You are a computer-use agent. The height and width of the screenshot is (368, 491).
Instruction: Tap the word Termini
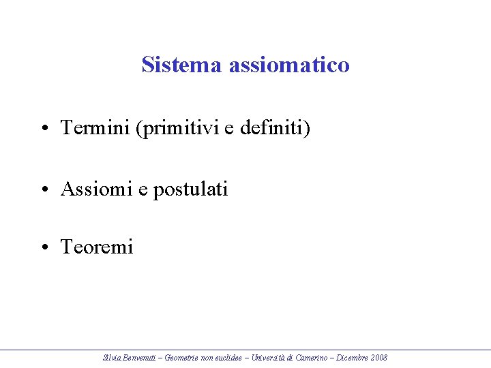[95, 127]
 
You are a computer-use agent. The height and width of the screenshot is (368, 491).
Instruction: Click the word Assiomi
[96, 188]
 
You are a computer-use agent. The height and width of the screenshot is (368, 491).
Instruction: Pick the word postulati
[190, 189]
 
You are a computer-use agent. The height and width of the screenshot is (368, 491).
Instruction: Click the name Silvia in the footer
[111, 358]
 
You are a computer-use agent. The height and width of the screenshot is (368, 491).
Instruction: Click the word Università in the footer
[271, 358]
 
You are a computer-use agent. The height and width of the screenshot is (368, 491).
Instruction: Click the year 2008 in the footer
[381, 358]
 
